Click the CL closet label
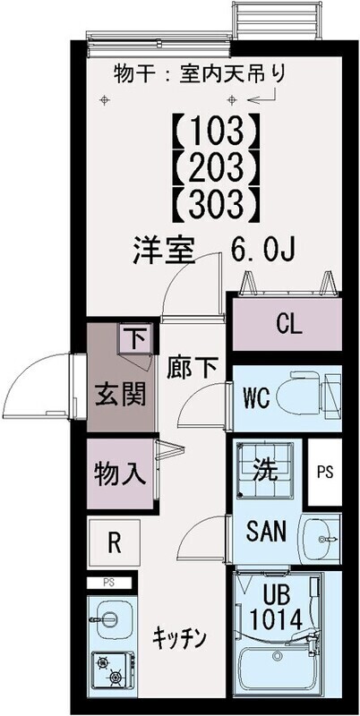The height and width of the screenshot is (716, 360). coord(288,324)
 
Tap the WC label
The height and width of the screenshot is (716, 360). coord(251,396)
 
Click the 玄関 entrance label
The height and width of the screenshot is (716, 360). coord(120,394)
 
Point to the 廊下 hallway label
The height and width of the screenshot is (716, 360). coord(192,367)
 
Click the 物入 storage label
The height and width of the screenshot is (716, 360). coord(120,473)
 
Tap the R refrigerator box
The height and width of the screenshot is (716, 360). coord(115,541)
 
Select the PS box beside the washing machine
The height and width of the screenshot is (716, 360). coord(323,472)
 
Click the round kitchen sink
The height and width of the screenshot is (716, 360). coord(110,618)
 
